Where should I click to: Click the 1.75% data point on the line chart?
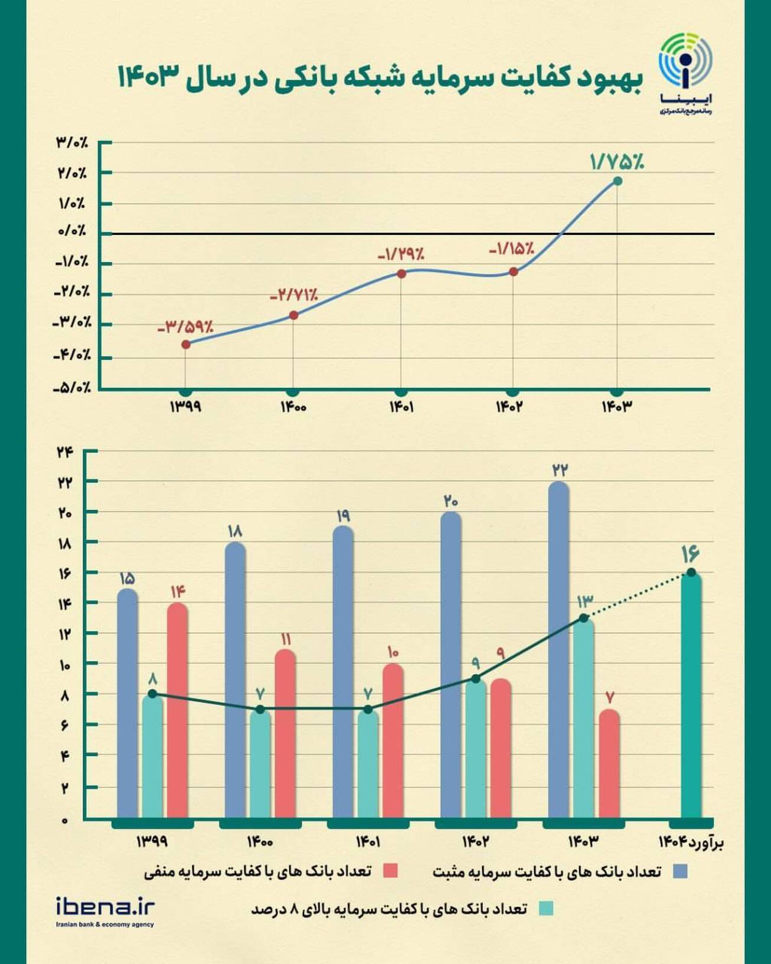[617, 181]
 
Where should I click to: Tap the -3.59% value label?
[185, 326]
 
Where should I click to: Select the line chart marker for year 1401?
[401, 273]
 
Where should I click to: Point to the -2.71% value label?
[294, 295]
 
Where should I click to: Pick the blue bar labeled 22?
[558, 649]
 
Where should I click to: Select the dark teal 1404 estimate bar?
[691, 697]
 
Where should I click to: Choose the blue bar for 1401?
[343, 673]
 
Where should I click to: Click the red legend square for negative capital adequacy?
[390, 871]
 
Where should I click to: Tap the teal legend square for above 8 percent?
[546, 909]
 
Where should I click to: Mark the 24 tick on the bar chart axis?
[64, 452]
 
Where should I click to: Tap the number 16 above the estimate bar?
[690, 554]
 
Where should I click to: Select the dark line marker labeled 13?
[584, 617]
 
